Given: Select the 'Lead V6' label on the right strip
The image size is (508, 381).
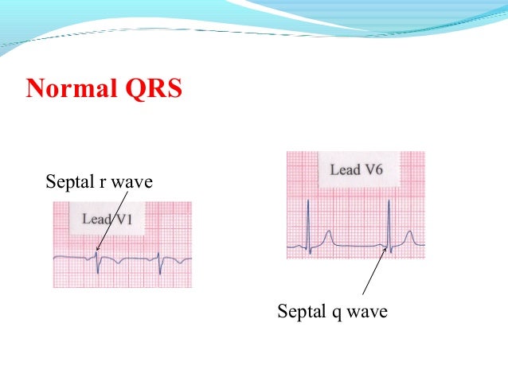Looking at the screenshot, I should point(356,170).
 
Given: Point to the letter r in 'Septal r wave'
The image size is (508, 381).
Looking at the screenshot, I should point(102,184).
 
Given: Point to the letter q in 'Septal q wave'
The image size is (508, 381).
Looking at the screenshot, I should point(334,313).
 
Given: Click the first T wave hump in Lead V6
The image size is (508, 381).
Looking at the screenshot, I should point(327,237).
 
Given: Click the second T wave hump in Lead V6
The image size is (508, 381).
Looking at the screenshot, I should point(409,237).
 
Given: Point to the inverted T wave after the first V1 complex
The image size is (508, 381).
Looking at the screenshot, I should point(117,262).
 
